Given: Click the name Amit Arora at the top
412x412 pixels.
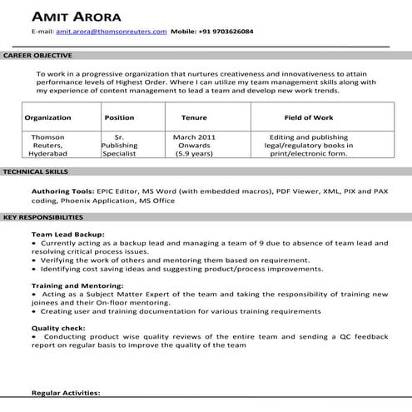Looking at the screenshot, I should [x=76, y=17].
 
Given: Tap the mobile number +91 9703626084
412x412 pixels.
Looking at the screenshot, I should [x=226, y=32].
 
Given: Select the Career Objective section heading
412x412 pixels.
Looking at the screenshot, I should [x=37, y=55].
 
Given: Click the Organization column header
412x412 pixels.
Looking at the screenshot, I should [x=48, y=118].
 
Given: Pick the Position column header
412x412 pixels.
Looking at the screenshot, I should [x=119, y=118].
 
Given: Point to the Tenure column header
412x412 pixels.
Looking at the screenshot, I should [x=194, y=118].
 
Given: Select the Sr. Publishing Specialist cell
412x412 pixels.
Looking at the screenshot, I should [x=119, y=144].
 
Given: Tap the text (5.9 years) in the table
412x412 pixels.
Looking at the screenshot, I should [x=193, y=153].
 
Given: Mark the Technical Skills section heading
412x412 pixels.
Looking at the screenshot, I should [x=36, y=171].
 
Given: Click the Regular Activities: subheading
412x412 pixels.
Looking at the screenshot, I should [x=66, y=392].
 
